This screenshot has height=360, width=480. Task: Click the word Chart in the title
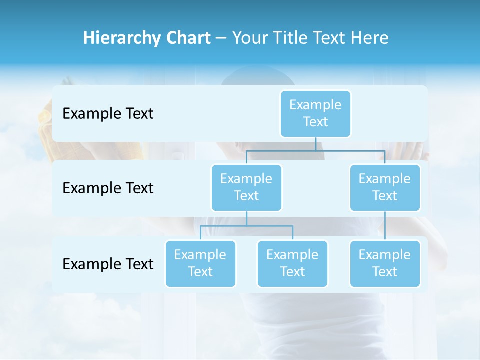click(186, 38)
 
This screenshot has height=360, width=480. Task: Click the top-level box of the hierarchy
click(315, 113)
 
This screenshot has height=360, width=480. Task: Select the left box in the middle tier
click(246, 187)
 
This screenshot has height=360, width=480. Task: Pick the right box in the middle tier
click(385, 187)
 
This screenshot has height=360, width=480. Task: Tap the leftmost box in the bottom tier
click(200, 263)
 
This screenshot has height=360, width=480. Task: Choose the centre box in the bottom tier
click(292, 263)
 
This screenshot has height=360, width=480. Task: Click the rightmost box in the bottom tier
click(385, 263)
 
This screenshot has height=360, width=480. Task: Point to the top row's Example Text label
click(108, 114)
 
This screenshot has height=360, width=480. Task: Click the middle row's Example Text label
click(108, 188)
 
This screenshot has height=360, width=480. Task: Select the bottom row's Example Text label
click(108, 264)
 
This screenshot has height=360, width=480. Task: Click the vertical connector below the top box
click(315, 144)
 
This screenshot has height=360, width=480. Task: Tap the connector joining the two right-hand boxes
click(385, 226)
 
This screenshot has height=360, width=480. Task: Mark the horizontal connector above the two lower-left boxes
click(246, 226)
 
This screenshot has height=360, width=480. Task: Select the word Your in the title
click(251, 38)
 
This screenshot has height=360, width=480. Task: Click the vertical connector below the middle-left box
click(246, 218)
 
